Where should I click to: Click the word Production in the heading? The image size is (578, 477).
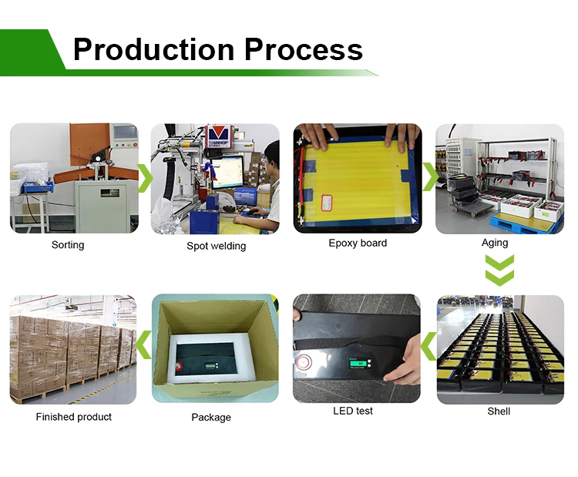coord(153,50)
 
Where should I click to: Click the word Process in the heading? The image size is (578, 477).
coord(304,50)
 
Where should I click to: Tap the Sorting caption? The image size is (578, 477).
coord(68,245)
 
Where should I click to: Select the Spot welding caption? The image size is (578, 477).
coord(216,246)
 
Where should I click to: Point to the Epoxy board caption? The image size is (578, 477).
coord(358,244)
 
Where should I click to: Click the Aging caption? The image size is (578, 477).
coord(495,243)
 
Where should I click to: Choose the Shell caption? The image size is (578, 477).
coord(499,411)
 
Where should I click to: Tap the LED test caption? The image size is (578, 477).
coord(353,411)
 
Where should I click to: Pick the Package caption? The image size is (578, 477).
coord(211,418)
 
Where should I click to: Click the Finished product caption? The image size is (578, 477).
coord(74,417)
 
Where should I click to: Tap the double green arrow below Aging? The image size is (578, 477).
coord(499,270)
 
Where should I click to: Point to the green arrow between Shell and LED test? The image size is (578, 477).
coord(428,346)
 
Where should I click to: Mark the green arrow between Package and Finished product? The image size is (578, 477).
coord(143,344)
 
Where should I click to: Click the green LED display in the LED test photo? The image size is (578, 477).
coord(358,363)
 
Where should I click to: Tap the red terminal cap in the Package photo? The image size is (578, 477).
coord(179,366)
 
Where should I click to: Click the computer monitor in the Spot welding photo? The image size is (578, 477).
coord(227,173)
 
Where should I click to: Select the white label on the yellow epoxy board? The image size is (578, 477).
coord(327,203)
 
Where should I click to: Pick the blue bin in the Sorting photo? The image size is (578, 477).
coord(39,187)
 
